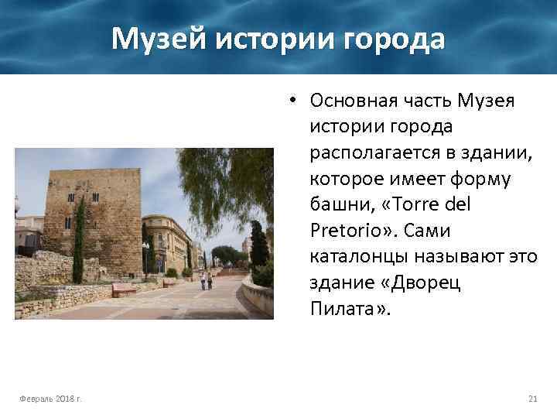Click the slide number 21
[x=531, y=399]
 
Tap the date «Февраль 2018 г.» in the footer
[x=53, y=399]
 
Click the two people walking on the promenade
[x=207, y=279]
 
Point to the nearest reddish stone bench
[x=124, y=290]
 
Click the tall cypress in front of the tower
[x=79, y=240]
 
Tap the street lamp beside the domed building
[x=145, y=257]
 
